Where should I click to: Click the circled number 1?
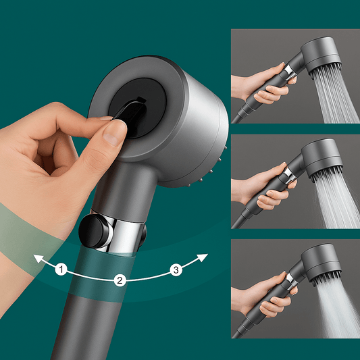61,269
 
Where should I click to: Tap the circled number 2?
120,280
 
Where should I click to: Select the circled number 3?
176,270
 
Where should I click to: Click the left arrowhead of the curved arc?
38,258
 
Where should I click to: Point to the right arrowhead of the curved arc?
203,257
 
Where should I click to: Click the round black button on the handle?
94,231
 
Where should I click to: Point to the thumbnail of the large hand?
113,134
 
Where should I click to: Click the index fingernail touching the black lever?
106,118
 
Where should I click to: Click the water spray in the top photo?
335,97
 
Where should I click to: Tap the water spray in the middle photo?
336,201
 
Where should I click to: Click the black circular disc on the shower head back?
137,108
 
